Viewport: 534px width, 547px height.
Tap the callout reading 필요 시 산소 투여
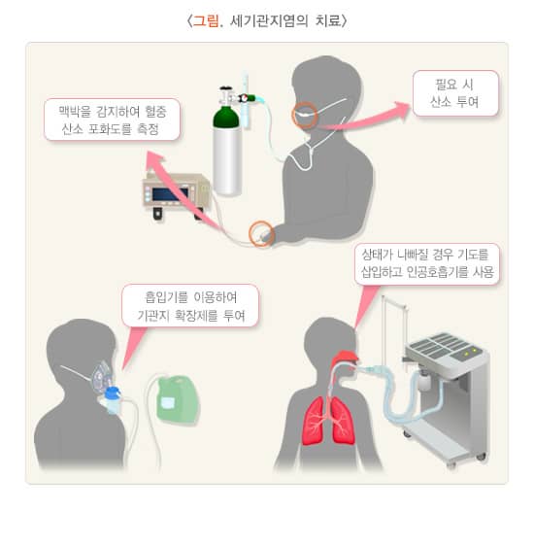[455, 93]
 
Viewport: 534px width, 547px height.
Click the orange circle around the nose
[306, 114]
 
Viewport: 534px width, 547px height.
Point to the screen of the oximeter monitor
[171, 192]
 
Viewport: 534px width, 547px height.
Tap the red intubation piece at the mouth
[345, 363]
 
